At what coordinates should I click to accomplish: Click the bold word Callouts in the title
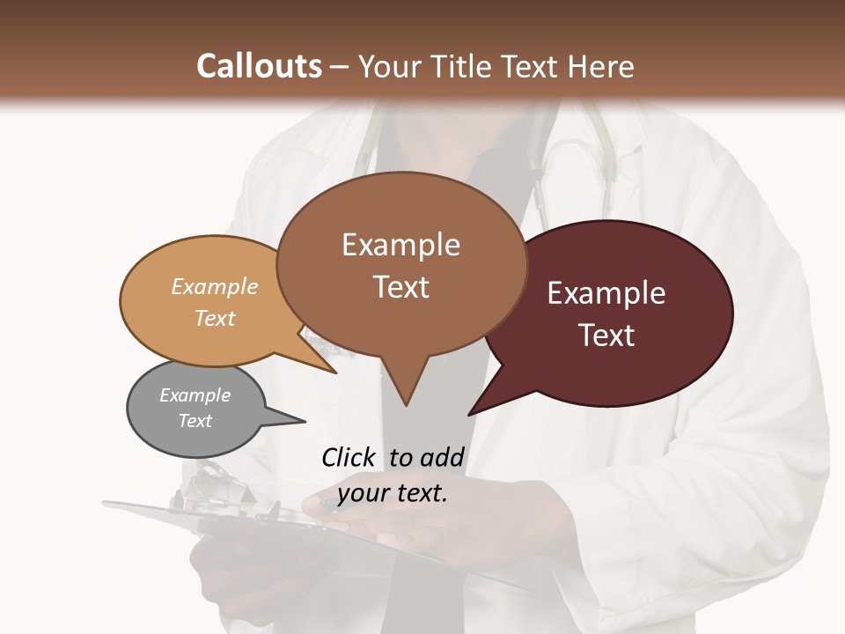[259, 66]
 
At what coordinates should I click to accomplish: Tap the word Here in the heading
[600, 66]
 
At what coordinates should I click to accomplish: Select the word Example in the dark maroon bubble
[606, 293]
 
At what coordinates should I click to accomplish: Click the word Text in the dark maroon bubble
[606, 335]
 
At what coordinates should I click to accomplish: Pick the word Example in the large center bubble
[400, 245]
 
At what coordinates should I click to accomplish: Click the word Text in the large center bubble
[400, 287]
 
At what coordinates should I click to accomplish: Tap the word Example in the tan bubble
[215, 286]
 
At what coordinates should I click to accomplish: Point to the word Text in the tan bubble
[215, 318]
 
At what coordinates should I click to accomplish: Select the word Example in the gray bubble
[195, 395]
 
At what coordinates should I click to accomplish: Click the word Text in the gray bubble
[195, 421]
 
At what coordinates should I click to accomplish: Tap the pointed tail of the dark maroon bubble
[475, 409]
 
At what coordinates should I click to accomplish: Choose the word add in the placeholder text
[442, 457]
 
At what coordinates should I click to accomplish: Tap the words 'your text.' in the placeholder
[393, 493]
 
